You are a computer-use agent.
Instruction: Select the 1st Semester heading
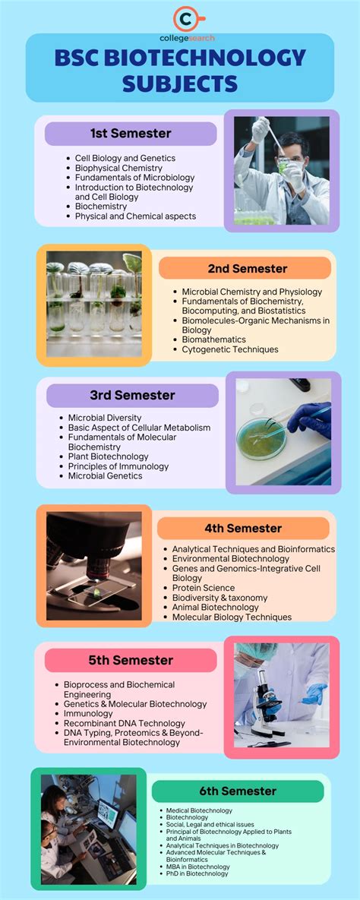[131, 134]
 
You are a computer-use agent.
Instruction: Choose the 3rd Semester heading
[132, 395]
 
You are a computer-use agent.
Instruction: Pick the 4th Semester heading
[243, 528]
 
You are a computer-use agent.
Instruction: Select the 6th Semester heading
[237, 791]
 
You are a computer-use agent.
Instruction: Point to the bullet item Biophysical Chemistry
[118, 168]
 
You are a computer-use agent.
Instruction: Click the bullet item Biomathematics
[213, 339]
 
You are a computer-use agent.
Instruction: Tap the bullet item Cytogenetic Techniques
[230, 349]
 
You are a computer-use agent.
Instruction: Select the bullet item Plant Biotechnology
[109, 456]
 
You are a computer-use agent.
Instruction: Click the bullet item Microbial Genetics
[105, 476]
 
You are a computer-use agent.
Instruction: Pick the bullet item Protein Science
[203, 587]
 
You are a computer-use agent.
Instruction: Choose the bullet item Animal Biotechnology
[215, 607]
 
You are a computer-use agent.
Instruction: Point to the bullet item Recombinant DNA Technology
[125, 723]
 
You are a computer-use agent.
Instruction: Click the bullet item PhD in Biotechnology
[197, 873]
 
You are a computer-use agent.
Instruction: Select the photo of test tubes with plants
[94, 305]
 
